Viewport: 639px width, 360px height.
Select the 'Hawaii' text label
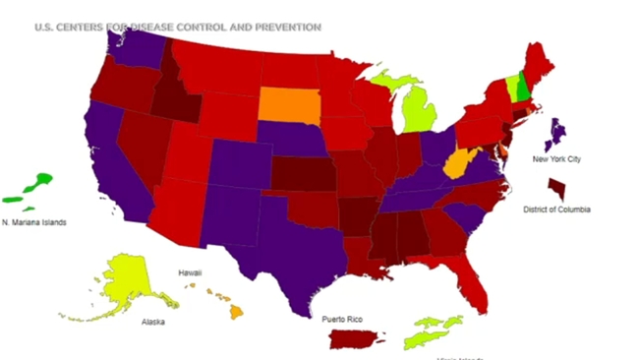(x=190, y=271)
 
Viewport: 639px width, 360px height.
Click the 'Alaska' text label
(x=152, y=323)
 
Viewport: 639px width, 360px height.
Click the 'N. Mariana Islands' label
(x=33, y=222)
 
